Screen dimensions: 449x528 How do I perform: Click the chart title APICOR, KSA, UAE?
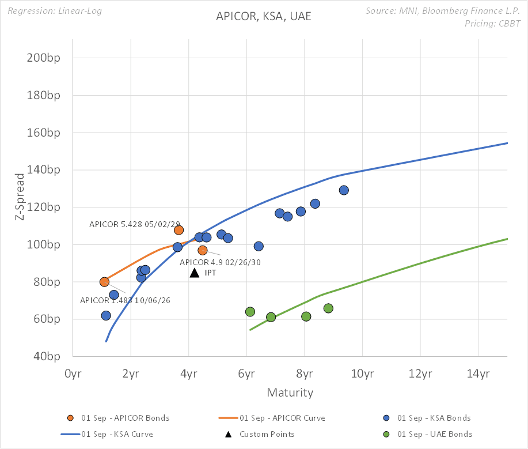click(263, 16)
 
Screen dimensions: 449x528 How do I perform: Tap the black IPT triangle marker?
click(195, 273)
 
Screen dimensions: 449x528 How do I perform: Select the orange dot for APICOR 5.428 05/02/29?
click(178, 230)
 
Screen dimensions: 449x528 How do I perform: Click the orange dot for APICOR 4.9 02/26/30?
click(203, 250)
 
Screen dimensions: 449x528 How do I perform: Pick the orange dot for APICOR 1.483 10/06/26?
click(104, 282)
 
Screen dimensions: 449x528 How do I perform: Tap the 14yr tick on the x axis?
click(478, 373)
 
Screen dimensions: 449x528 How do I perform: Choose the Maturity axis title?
click(290, 393)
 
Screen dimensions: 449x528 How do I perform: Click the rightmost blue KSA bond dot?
click(344, 190)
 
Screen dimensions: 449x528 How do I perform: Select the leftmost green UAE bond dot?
click(250, 312)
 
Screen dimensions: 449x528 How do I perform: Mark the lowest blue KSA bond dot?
click(106, 316)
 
